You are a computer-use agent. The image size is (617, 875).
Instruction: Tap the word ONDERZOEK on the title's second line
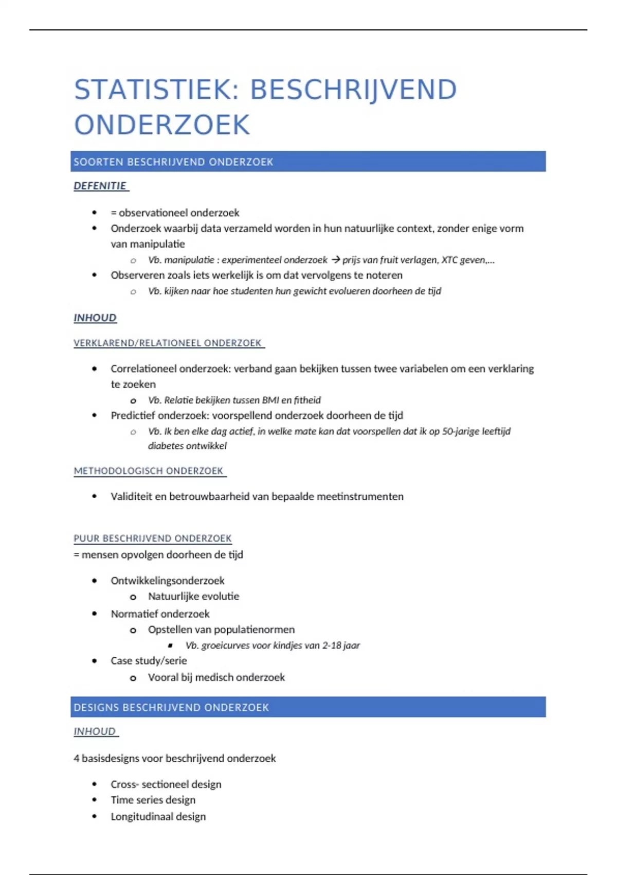click(x=162, y=125)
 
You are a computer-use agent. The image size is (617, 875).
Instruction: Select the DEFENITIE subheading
click(x=100, y=186)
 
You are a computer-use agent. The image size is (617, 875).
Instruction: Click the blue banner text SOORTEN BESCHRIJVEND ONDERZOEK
click(x=173, y=162)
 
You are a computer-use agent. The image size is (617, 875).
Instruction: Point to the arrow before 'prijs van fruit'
click(x=336, y=259)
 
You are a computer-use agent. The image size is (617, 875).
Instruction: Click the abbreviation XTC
click(x=449, y=260)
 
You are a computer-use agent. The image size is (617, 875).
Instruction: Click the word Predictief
click(x=132, y=415)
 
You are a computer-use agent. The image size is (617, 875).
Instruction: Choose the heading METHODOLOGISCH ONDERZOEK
click(x=149, y=471)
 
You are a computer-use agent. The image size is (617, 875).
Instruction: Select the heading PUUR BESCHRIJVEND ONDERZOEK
click(x=153, y=538)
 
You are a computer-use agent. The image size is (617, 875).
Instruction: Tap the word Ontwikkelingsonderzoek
click(x=168, y=581)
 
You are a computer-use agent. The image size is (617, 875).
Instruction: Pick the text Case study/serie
click(x=149, y=661)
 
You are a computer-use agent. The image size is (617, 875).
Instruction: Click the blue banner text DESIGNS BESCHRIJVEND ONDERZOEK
click(x=171, y=708)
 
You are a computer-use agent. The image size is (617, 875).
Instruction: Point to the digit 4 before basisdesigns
click(x=77, y=758)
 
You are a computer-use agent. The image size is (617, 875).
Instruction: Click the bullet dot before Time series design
click(x=95, y=800)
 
